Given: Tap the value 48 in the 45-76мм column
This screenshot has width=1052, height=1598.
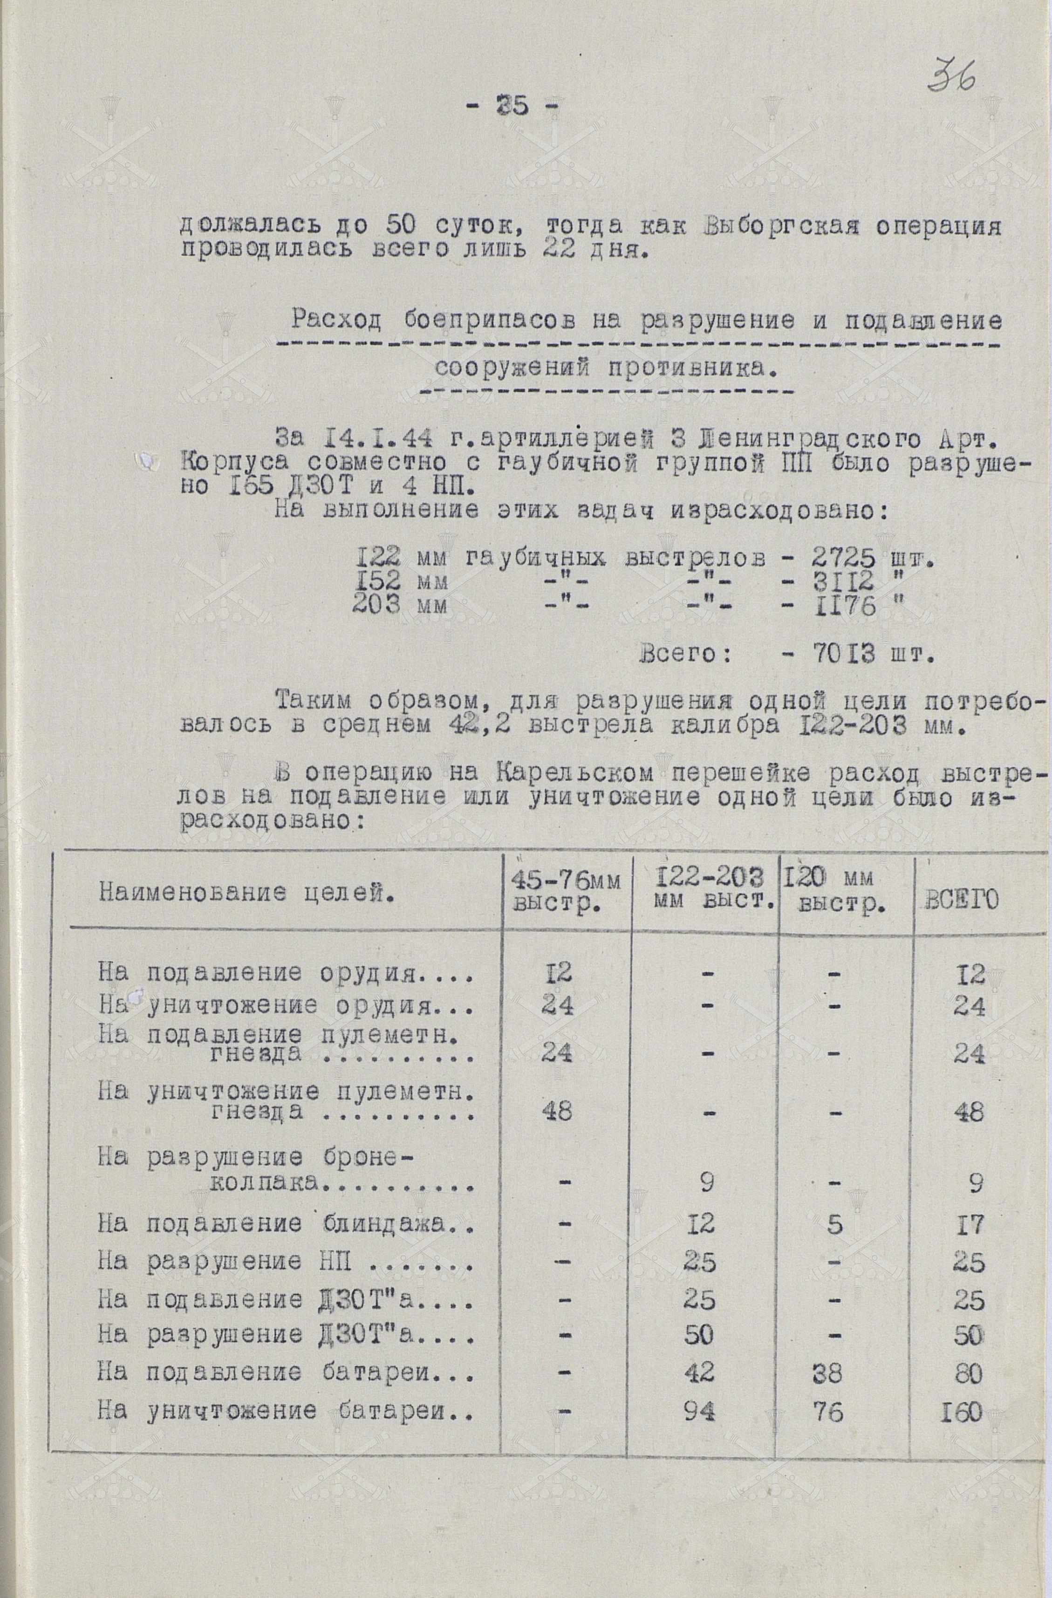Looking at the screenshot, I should (x=555, y=1111).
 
